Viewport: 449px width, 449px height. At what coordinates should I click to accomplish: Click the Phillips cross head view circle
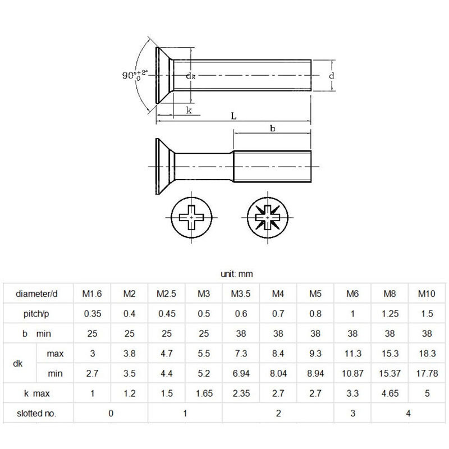pos(191,216)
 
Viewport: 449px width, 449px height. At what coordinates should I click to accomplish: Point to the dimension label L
pos(233,116)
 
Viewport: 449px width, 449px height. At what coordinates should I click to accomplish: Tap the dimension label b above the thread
pos(272,128)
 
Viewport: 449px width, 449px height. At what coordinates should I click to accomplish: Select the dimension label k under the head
pos(189,110)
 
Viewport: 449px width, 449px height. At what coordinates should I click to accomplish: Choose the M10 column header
pos(427,294)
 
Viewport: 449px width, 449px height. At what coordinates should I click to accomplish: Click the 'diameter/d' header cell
pos(37,294)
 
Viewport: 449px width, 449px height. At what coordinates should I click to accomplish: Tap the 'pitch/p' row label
pos(37,313)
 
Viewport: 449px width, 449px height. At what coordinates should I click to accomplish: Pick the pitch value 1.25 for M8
pos(390,313)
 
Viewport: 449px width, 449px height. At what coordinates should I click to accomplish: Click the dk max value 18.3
pos(427,354)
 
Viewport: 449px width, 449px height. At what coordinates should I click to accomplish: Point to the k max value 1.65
pos(204,393)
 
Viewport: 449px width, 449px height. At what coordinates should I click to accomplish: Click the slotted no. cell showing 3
pos(352,414)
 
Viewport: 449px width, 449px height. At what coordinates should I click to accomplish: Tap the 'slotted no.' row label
pos(37,414)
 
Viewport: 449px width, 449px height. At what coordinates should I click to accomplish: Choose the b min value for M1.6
pos(92,333)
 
